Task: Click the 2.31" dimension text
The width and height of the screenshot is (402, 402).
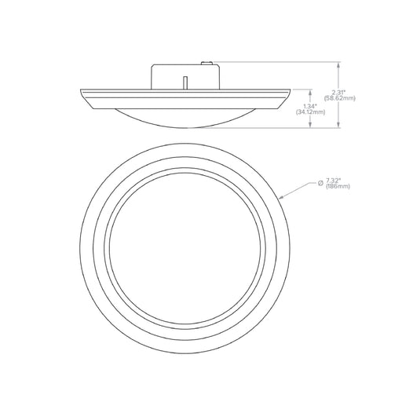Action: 338,93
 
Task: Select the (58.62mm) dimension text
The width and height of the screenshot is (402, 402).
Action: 339,98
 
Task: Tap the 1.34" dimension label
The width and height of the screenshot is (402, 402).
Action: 310,106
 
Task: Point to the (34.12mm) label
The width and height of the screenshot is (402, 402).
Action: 311,112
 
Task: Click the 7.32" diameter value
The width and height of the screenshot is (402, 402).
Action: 334,181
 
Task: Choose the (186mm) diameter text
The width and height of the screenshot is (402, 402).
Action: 338,187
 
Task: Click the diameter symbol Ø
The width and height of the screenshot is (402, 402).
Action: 320,183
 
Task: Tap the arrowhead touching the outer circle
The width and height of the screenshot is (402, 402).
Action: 282,197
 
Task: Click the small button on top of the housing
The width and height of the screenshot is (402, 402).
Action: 206,63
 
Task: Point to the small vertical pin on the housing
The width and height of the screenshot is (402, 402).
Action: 185,83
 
